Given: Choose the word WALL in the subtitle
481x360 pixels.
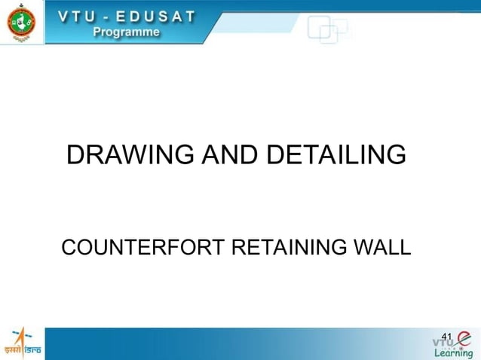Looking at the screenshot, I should pos(384,247).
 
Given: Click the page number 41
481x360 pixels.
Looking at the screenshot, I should pos(446,336).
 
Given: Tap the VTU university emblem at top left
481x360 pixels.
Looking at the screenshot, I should pos(21,23).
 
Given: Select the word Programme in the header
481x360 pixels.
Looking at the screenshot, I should pos(126,32).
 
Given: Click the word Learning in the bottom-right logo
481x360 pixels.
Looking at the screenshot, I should pos(453,353).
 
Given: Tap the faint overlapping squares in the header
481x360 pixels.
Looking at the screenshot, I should pos(326,29).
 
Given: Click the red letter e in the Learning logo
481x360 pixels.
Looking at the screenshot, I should pos(463,338).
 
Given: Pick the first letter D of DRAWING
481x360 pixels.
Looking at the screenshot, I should pos(75,155).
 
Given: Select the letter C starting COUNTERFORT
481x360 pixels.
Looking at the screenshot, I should pos(69,247).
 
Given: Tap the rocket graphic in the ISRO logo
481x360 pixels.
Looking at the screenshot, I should pos(18,336).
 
